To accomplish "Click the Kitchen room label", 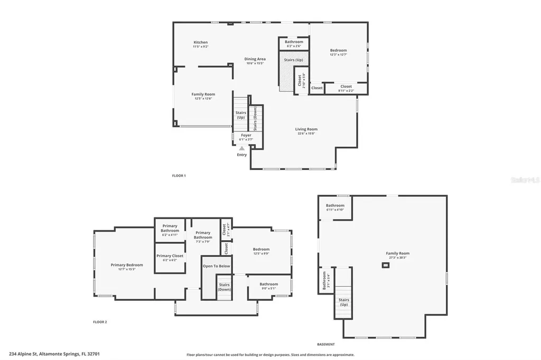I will [200, 42].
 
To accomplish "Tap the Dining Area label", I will [255, 59].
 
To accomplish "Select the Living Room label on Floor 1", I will [306, 129].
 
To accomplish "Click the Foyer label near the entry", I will [246, 135].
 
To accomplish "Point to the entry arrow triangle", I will [242, 148].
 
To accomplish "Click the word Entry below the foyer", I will [242, 155].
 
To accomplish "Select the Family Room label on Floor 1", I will [203, 94].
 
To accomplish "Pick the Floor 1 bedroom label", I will [338, 51].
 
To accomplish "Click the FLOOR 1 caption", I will [179, 175].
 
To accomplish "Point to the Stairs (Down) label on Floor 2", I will [225, 287].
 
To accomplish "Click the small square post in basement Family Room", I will [386, 266].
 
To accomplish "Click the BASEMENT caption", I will [327, 344].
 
